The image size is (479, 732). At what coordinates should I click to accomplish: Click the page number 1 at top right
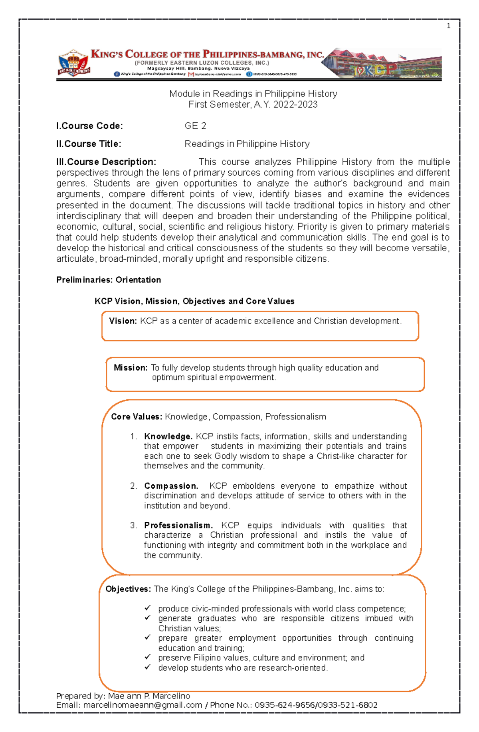(449, 26)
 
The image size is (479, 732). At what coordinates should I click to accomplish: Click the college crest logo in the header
(73, 63)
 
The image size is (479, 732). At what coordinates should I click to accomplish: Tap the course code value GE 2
(195, 126)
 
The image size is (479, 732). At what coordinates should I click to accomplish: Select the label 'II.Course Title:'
(89, 144)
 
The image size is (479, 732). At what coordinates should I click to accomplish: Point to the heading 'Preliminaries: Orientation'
(109, 280)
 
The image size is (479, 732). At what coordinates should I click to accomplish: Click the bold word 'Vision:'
(123, 321)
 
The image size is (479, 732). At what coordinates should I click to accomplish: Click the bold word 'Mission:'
(131, 368)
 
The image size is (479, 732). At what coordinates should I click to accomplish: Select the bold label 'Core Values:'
(137, 417)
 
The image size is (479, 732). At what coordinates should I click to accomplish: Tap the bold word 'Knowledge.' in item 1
(168, 436)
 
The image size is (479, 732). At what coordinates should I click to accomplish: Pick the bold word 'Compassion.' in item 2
(171, 486)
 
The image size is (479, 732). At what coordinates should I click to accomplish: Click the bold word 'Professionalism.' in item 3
(178, 525)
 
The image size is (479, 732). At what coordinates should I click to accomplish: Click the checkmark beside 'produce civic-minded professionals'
(148, 608)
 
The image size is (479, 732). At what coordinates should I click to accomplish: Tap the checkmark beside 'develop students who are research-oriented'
(148, 667)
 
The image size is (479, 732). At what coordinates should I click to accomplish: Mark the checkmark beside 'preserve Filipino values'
(148, 657)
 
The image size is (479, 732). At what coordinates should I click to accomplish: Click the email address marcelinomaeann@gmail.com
(143, 705)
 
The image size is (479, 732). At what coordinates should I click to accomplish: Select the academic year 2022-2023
(295, 105)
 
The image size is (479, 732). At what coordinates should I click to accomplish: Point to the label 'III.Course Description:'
(106, 162)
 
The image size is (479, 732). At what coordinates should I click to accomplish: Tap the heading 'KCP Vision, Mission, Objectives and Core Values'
(194, 302)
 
